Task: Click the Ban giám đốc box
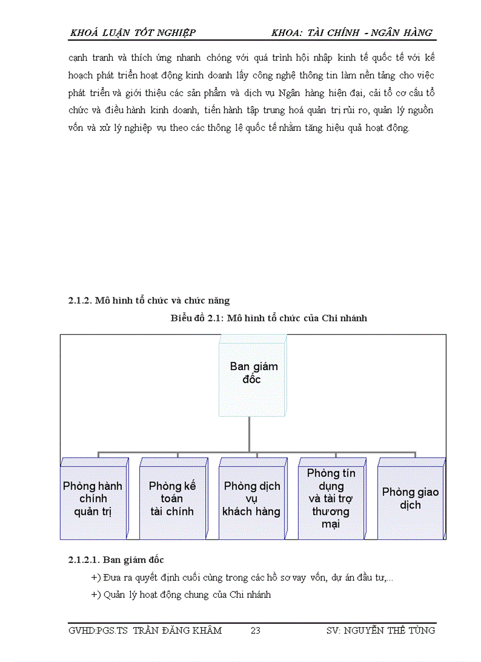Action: [253, 374]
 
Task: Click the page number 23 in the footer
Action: [255, 631]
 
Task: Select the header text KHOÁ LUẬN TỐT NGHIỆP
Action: [133, 33]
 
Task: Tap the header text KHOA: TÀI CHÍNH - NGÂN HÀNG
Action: [352, 33]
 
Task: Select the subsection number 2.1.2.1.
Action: [84, 559]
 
